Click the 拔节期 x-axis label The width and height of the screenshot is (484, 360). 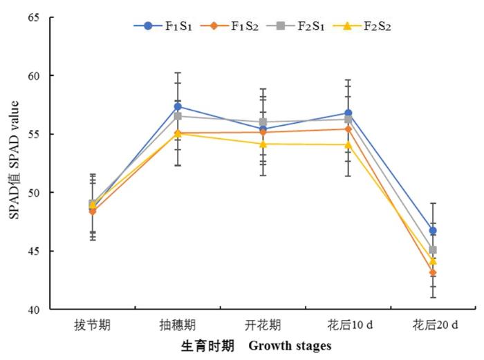coord(93,325)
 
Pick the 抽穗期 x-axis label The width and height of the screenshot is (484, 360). coord(178,325)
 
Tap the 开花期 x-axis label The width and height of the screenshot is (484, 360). coord(263,325)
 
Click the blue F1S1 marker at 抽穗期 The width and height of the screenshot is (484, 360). coord(178,106)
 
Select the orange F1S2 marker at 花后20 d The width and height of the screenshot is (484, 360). coord(434,273)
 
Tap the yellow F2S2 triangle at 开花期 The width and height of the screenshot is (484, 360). coord(263,144)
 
